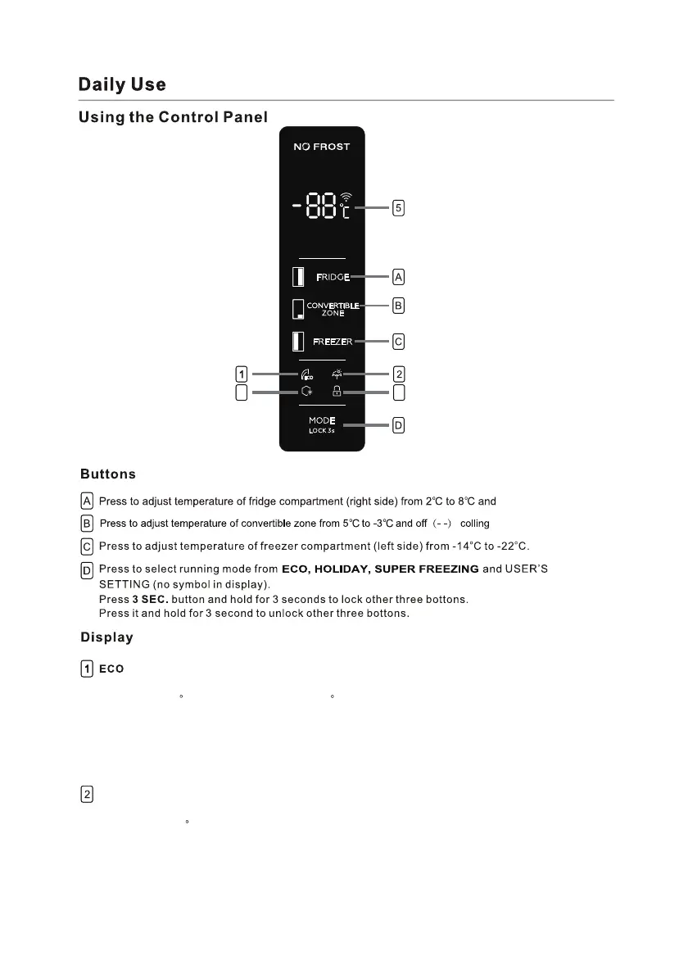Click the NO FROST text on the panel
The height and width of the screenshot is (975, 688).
point(322,147)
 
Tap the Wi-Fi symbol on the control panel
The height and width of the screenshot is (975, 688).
point(346,197)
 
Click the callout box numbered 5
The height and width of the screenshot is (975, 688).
point(398,208)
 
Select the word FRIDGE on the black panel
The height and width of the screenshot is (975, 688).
point(333,278)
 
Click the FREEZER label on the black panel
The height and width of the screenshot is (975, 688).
point(333,342)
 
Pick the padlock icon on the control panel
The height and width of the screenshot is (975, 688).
point(337,392)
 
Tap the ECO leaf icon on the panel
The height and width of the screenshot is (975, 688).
point(307,375)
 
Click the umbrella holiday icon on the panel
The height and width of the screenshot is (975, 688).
point(337,374)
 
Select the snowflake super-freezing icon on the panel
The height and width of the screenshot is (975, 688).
point(307,392)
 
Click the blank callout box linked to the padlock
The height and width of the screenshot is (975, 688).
point(398,393)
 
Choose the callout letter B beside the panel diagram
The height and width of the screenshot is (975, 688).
point(398,306)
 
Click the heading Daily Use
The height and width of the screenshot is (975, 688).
point(122,84)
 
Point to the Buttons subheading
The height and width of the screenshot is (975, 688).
point(108,474)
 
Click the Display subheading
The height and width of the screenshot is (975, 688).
point(106,637)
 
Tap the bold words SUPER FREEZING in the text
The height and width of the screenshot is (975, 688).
point(427,569)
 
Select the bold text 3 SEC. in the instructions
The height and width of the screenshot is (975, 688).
point(150,600)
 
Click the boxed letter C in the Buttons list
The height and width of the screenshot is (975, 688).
point(87,546)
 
